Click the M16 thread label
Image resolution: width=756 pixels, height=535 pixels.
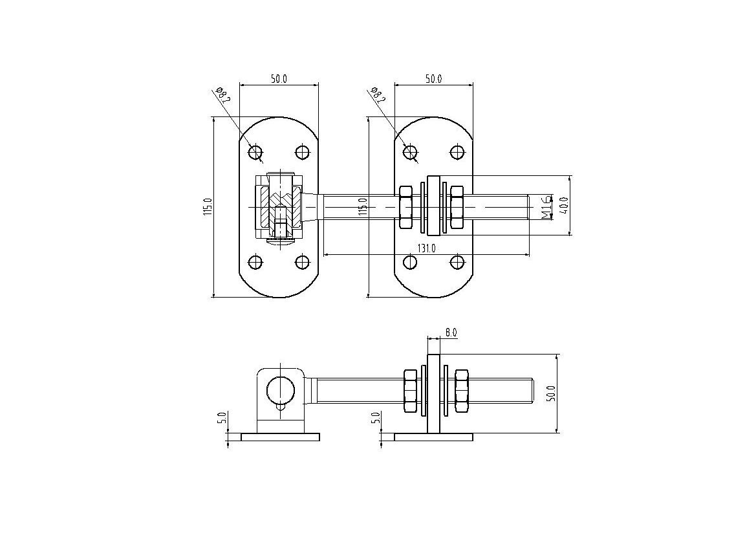(546, 207)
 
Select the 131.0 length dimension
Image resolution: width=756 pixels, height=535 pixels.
(427, 248)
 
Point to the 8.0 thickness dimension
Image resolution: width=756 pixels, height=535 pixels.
(451, 333)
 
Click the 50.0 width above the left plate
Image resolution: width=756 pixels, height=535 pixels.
(279, 79)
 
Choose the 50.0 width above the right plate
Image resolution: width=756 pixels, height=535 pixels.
(433, 79)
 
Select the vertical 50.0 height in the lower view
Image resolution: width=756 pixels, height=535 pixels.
(552, 394)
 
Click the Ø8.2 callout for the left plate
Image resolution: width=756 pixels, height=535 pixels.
(224, 94)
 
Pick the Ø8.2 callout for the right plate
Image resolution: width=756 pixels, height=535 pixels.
(378, 95)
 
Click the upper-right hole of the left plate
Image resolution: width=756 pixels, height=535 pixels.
(302, 152)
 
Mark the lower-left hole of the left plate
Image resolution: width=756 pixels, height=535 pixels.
(255, 263)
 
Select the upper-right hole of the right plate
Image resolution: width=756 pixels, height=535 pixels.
(457, 152)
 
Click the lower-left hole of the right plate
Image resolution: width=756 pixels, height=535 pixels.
(410, 263)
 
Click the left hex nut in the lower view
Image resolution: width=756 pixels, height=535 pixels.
(410, 391)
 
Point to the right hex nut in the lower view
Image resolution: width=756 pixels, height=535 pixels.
(461, 391)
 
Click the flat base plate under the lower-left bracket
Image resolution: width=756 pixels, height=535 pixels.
(280, 437)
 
